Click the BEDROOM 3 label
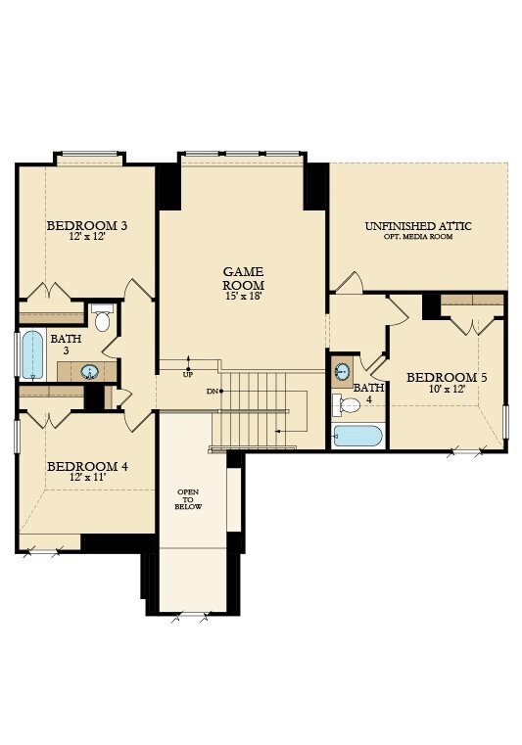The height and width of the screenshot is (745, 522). pos(87,225)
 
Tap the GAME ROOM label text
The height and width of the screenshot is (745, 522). pos(243,277)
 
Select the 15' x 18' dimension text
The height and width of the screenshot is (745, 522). pos(243,296)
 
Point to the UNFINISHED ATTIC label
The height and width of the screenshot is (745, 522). pos(418,225)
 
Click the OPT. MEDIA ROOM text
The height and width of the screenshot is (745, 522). pos(418,237)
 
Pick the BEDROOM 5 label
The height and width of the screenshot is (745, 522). pos(447,377)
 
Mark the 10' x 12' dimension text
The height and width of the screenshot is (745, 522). pos(447,389)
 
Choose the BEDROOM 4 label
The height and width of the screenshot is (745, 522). pos(87,465)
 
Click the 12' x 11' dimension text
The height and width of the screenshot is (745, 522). pos(87,477)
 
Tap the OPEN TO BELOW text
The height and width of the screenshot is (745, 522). pos(189,498)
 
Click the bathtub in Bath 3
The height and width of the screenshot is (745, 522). pos(32,354)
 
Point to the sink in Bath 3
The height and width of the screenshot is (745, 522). pos(89,371)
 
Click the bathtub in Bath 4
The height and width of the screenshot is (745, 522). pos(357,436)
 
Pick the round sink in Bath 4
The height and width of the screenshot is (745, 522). pos(342,371)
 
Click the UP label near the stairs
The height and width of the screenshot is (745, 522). pos(187,374)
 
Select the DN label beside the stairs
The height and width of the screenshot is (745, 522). pos(213,391)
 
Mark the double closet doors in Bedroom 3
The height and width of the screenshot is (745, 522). pos(47,294)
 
